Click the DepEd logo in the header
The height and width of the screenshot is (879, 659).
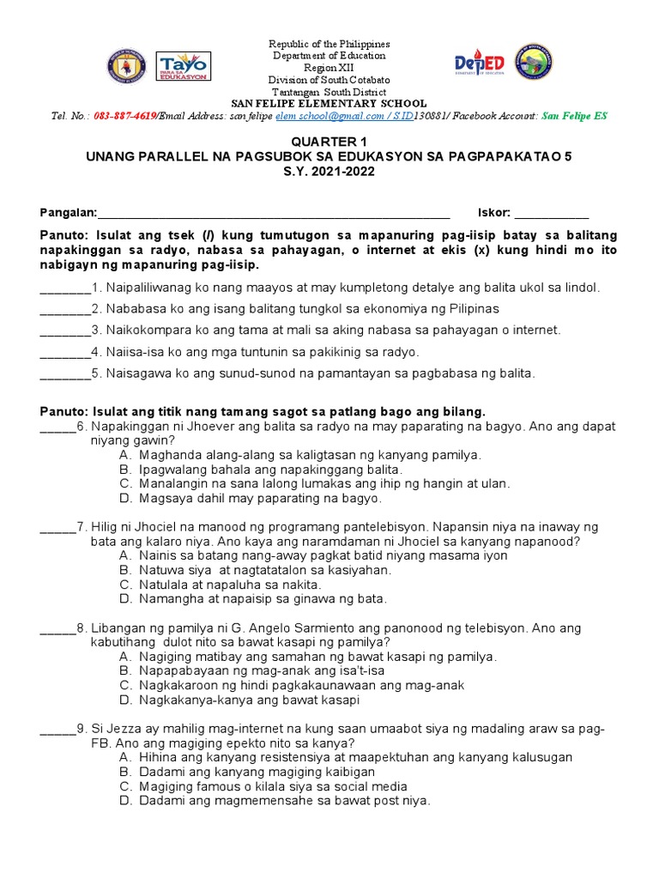pos(479,64)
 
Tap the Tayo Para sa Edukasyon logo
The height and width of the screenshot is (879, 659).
pos(183,66)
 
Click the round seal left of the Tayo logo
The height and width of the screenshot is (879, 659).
pos(127,66)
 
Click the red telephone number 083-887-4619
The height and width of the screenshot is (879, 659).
pos(124,116)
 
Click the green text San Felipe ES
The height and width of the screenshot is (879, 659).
pos(574,116)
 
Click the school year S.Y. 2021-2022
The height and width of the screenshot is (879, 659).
pos(329,172)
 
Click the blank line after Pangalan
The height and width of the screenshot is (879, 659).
pos(275,215)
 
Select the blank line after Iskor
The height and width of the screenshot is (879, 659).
pos(552,215)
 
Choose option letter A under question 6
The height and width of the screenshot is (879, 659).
pos(125,454)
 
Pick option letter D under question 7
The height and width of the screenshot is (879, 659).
pos(125,598)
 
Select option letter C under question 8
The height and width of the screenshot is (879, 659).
pos(125,685)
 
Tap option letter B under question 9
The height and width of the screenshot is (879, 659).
pos(125,772)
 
